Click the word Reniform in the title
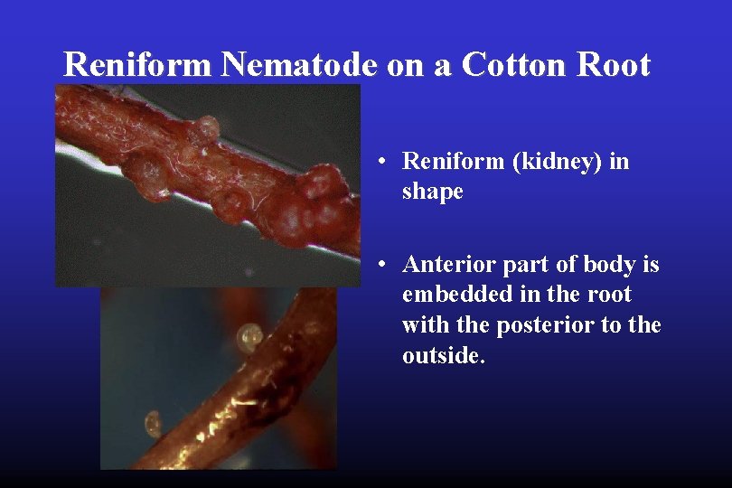tap(138, 65)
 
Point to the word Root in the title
tap(615, 65)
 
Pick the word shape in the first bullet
tap(432, 192)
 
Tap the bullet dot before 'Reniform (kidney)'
tap(384, 162)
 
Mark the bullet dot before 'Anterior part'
tap(384, 265)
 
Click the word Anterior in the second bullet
tap(446, 265)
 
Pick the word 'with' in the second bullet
tap(425, 324)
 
